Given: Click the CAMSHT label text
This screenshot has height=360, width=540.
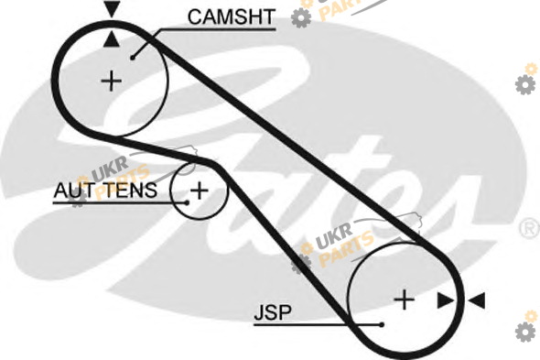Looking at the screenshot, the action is pos(231,16).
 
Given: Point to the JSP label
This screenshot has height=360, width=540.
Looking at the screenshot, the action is pos(273,312).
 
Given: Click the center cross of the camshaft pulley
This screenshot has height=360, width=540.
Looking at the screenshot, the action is pos(112,81).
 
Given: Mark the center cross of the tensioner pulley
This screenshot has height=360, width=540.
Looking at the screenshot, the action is pos(199,191).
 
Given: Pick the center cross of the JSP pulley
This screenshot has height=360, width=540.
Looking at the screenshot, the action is pos(404,300).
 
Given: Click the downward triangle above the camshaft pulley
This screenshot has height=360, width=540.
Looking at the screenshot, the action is pos(112,9).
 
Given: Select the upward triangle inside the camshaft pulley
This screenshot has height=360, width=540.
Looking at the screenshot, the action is pos(112,38).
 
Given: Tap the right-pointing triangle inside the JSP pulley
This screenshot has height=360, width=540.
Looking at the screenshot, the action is pos(446,300).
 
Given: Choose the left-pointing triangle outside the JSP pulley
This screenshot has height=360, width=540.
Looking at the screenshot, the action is pos(477,300).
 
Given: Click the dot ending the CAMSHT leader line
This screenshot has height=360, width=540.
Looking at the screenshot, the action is pos(133,58).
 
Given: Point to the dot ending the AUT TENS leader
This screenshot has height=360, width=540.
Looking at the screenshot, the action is pos(187,202).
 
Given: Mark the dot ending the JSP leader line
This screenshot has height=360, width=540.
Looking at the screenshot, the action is pos(382,324).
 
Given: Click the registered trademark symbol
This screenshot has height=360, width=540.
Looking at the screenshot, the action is pos(530,228).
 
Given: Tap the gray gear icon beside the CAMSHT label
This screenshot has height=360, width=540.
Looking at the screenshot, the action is pos(301,18).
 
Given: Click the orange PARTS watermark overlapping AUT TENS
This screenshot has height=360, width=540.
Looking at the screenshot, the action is pos(123,182).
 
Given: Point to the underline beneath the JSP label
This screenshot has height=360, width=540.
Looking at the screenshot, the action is pos(317,324).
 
